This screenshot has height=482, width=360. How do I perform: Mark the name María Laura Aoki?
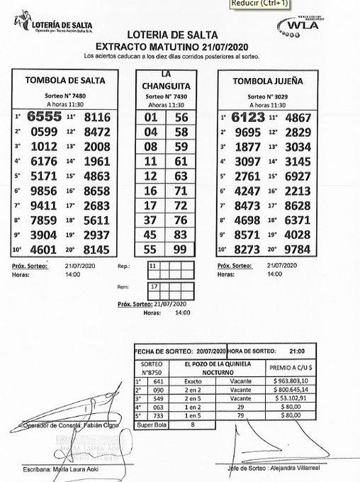click(x=79, y=469)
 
